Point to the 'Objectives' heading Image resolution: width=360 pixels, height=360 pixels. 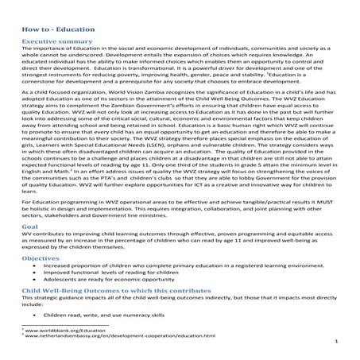(40, 259)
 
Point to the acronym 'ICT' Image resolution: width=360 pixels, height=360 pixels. (239, 184)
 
